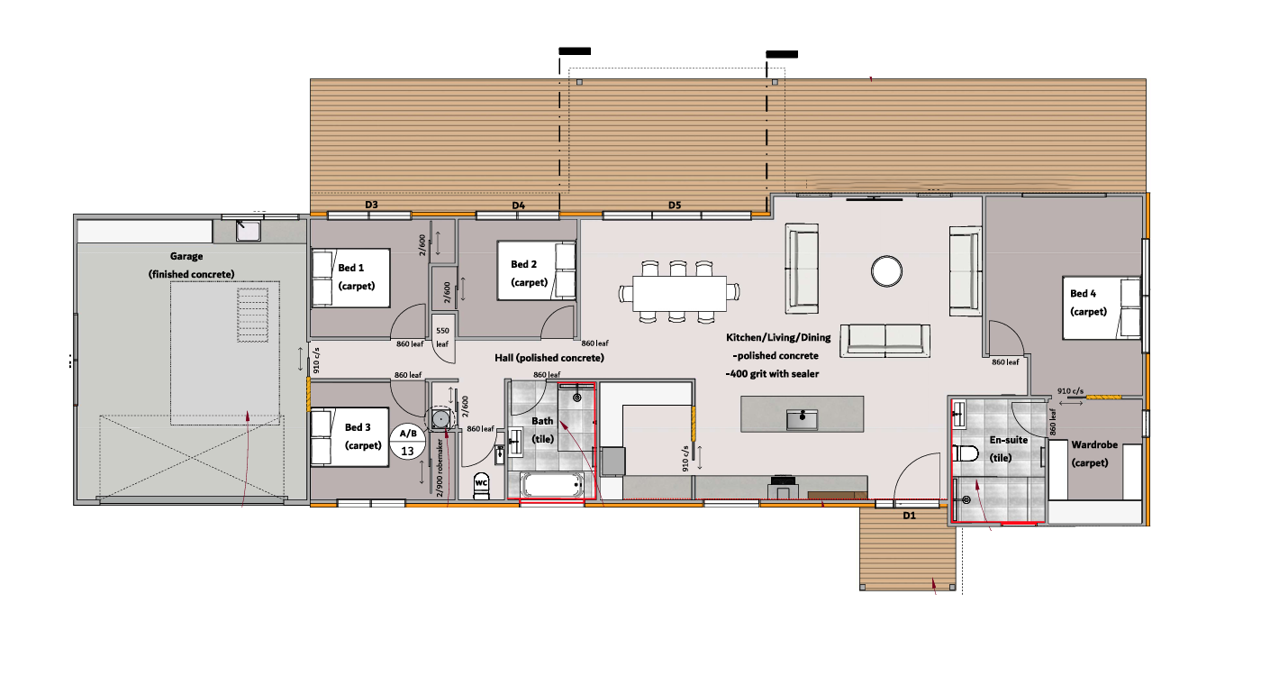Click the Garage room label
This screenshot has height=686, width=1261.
tap(186, 256)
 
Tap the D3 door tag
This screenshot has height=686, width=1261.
tap(371, 205)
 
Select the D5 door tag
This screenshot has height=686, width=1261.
tap(675, 205)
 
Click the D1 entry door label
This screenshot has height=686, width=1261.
tap(909, 516)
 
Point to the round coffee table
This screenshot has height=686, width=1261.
tap(886, 271)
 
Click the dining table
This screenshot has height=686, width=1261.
tap(679, 293)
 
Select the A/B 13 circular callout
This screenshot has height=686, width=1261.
tap(407, 442)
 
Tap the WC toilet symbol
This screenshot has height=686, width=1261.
tap(481, 486)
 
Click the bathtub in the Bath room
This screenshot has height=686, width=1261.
tap(551, 485)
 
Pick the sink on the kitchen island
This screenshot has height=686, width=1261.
tap(802, 419)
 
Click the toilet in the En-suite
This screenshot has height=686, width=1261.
tap(966, 453)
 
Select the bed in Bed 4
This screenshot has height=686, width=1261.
tap(1102, 308)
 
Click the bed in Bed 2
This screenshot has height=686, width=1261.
tap(537, 271)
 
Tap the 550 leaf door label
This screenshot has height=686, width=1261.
tap(442, 337)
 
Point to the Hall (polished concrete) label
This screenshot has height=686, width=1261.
tap(549, 358)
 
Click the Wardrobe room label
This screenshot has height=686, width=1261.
tap(1094, 445)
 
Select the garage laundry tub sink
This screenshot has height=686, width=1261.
tap(248, 231)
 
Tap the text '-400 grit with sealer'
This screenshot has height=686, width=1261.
tap(773, 373)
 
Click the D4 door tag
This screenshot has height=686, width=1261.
tap(519, 206)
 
